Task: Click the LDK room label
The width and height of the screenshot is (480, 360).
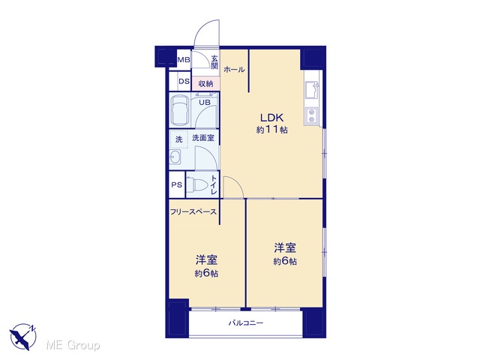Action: (271, 118)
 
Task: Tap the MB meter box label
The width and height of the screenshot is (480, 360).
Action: (184, 60)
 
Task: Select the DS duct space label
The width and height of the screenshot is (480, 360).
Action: (184, 82)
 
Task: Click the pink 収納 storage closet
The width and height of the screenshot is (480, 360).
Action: (205, 83)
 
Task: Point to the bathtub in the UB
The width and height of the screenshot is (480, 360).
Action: (180, 111)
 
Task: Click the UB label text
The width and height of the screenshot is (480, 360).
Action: (205, 102)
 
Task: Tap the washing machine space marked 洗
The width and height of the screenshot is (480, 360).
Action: (178, 139)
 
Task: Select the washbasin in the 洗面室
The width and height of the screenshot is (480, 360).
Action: (175, 157)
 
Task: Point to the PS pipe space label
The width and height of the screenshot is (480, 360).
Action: (177, 185)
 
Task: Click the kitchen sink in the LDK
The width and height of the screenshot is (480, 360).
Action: (312, 90)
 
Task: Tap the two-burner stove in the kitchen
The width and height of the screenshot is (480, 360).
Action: (312, 115)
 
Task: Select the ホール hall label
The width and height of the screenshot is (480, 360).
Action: (234, 70)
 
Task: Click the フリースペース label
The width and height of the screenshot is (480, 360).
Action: (193, 211)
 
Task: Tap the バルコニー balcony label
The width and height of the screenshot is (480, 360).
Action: (246, 323)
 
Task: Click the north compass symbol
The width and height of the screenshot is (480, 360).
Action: (23, 337)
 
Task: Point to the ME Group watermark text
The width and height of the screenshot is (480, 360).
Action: (73, 346)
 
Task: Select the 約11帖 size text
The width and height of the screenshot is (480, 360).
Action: (271, 130)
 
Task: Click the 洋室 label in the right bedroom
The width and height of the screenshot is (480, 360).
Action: (285, 247)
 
